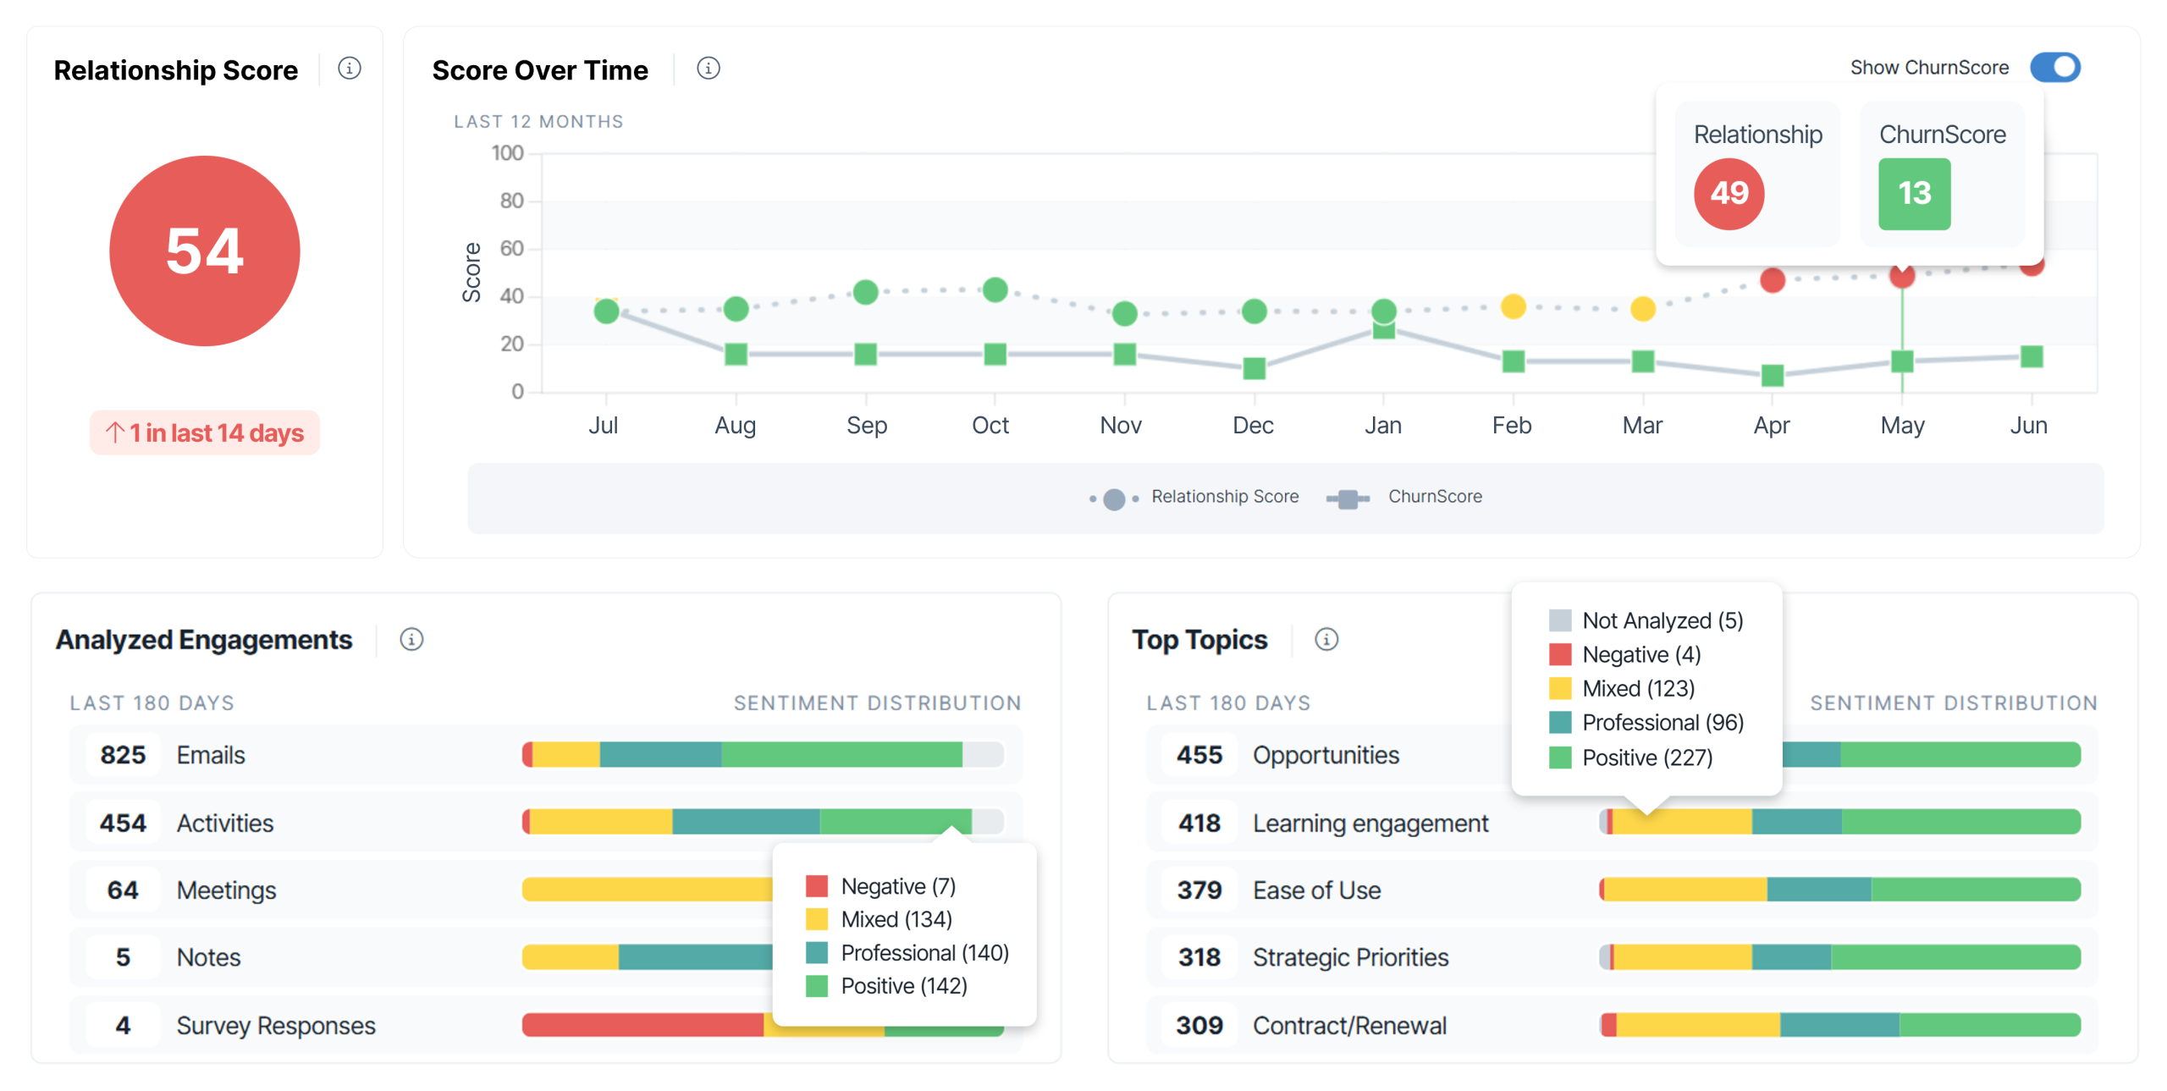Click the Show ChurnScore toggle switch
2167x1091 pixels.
(x=2054, y=68)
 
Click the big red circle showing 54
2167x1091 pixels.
(x=205, y=251)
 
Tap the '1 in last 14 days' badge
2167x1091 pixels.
(x=205, y=433)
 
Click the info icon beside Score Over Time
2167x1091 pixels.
(x=708, y=69)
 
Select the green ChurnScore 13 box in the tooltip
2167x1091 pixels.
(x=1914, y=194)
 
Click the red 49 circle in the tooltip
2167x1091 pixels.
(x=1729, y=194)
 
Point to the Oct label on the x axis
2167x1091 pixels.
(x=990, y=425)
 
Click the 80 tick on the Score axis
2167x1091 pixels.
(x=511, y=201)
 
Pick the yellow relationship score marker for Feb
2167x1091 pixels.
(x=1513, y=306)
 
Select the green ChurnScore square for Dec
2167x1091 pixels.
(x=1254, y=368)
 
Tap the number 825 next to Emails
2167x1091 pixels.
(x=123, y=755)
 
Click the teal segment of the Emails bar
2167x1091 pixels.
(x=660, y=755)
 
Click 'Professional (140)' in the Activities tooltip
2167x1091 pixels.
(x=924, y=953)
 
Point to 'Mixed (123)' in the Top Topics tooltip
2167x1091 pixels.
(x=1637, y=689)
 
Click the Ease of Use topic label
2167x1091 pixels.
(x=1316, y=890)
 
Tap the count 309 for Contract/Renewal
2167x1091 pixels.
(x=1199, y=1026)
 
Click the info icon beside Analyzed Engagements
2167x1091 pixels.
(x=411, y=640)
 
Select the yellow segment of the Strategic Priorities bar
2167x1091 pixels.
(x=1683, y=957)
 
